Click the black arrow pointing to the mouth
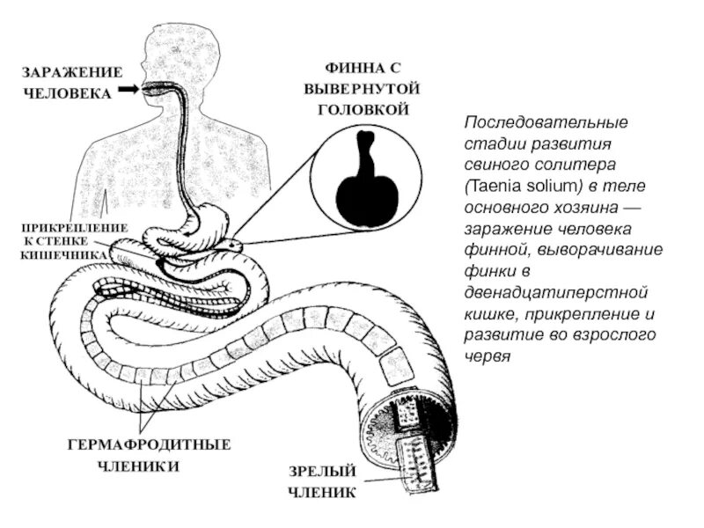(x=131, y=89)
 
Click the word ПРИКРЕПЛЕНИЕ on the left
(x=74, y=227)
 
